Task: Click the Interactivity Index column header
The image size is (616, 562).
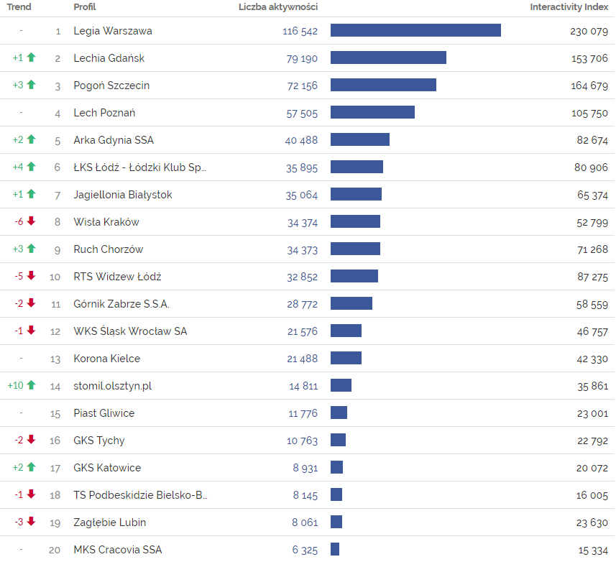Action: coord(569,7)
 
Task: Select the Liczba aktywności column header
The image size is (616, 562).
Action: coord(278,7)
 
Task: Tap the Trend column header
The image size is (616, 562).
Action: coord(19,7)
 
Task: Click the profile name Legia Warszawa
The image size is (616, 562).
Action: coord(113,31)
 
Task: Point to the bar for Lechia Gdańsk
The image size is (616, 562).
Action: coord(388,57)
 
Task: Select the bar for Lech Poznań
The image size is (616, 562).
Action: coord(372,112)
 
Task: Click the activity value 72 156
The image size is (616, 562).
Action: coord(302,86)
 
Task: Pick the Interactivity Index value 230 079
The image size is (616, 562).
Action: coord(589,31)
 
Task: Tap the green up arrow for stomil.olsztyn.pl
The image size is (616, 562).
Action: coord(31,385)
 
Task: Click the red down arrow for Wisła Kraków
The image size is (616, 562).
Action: coord(31,221)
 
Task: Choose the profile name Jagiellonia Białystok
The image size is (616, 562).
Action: coord(123,195)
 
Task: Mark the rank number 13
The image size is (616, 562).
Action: coord(55,359)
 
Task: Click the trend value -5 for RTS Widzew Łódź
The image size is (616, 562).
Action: coord(19,277)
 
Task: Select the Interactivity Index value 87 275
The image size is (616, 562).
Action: coord(592,277)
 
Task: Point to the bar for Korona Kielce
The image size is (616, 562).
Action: coord(346,358)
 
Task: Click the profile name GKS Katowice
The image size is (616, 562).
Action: coord(107,468)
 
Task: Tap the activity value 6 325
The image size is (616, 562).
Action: coord(305,550)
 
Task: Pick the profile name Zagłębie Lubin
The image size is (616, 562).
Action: coord(110,522)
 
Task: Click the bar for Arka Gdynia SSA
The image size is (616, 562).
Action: coord(360,139)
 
